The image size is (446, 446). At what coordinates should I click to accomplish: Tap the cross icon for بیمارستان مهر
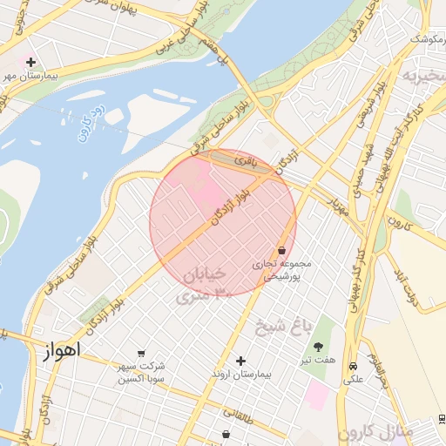31,62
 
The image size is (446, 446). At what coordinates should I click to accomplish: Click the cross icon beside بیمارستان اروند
241,361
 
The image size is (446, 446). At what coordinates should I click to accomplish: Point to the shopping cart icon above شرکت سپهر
141,353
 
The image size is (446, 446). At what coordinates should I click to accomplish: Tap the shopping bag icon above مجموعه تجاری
281,250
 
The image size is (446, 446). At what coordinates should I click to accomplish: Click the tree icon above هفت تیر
317,347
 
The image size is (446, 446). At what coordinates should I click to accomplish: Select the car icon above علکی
352,367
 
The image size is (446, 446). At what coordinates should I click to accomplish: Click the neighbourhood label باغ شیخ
283,328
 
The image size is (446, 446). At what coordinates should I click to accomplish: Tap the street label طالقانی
238,414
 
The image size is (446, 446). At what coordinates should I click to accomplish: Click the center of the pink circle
223,223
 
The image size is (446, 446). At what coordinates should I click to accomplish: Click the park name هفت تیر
318,360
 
